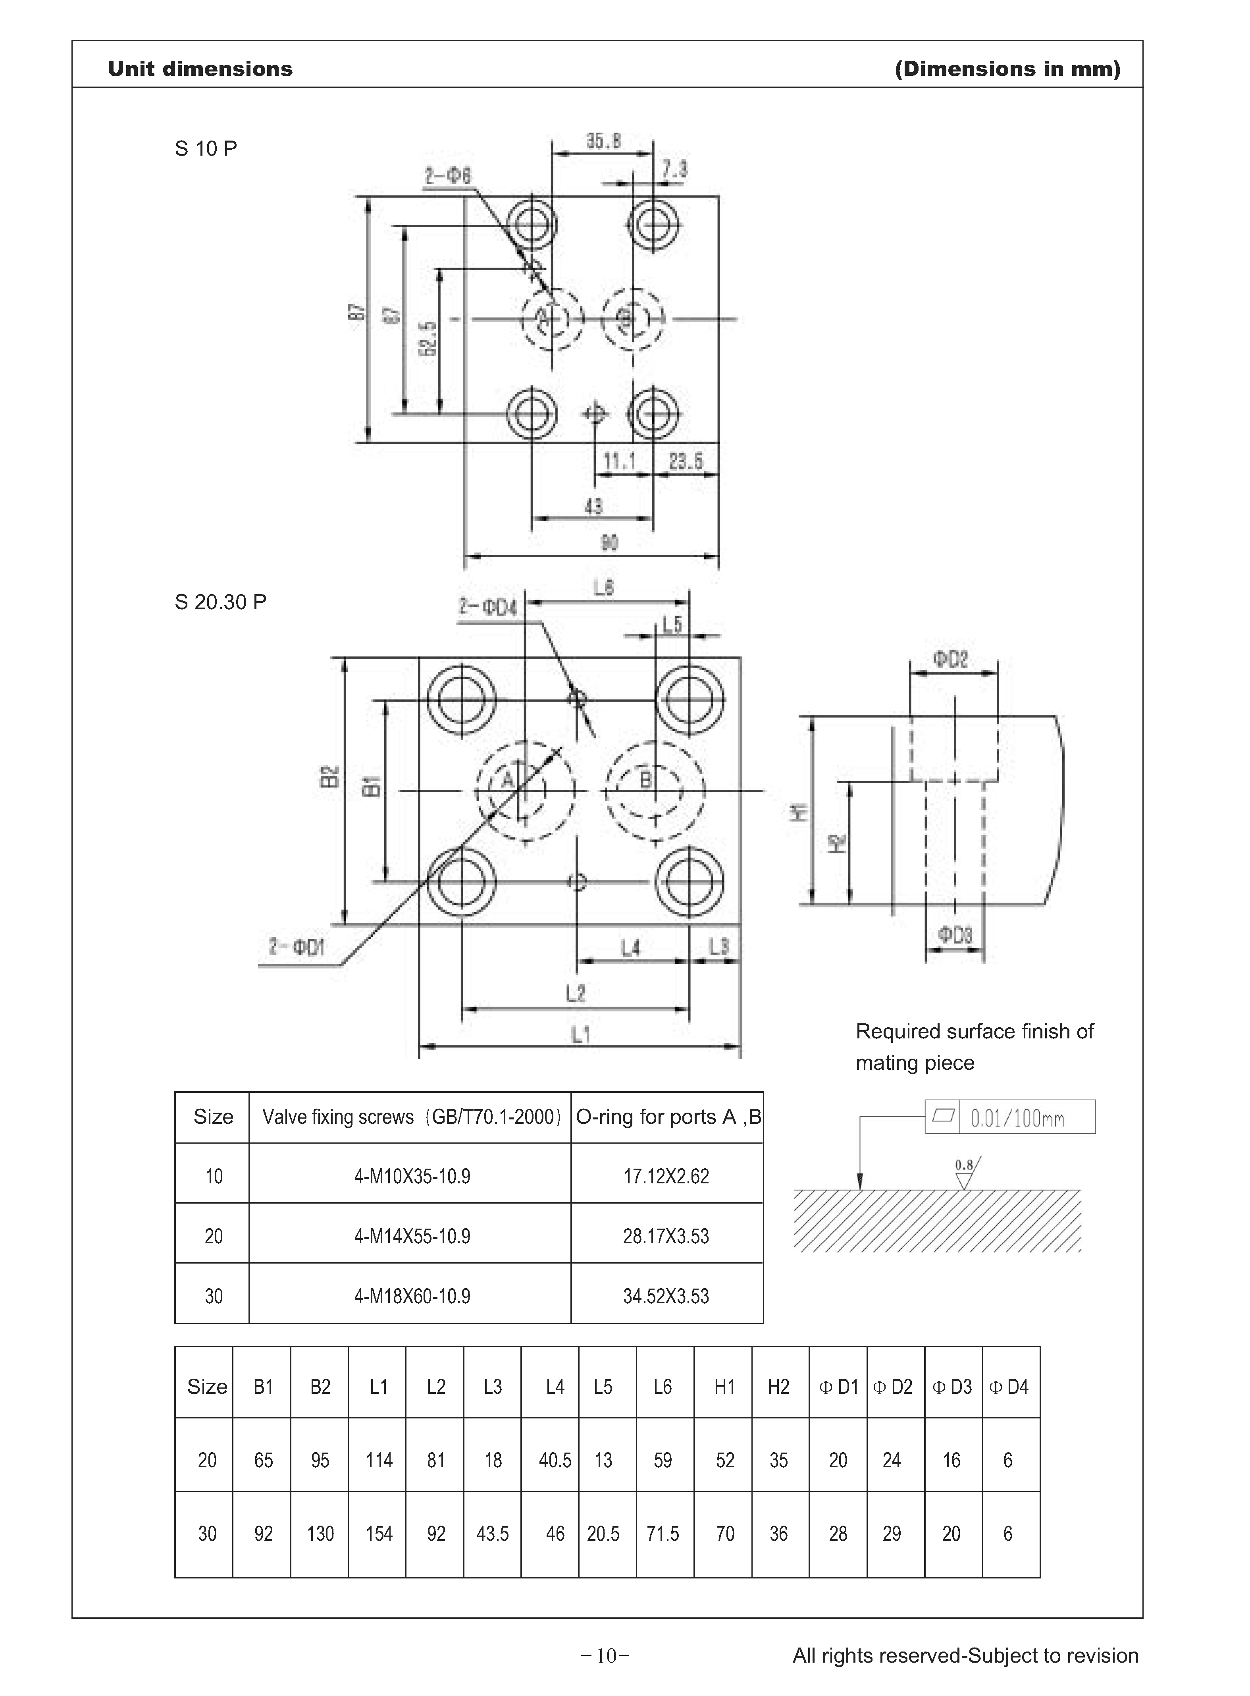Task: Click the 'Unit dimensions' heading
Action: [200, 69]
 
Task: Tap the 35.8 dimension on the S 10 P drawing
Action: [603, 141]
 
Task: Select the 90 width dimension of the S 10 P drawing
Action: [609, 542]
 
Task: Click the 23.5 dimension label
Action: [686, 460]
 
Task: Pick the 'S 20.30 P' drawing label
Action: [220, 602]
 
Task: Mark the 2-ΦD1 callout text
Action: [297, 947]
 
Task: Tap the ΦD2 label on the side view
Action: [950, 659]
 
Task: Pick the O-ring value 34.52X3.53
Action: [666, 1296]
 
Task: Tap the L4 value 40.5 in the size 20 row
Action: [555, 1460]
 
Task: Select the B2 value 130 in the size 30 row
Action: [320, 1533]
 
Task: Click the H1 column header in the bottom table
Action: [724, 1387]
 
